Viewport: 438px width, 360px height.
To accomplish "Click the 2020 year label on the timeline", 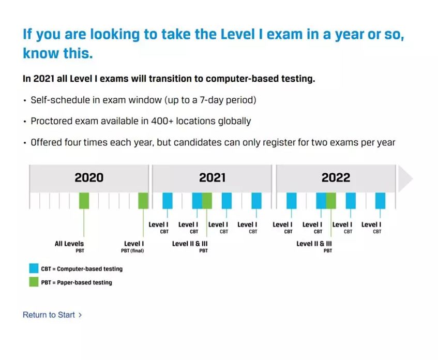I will pos(89,178).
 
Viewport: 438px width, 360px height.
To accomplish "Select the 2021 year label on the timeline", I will pos(212,178).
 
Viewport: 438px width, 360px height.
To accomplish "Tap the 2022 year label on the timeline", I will pos(336,178).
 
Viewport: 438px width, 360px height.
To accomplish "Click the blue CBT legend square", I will pos(34,268).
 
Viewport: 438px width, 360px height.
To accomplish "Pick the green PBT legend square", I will pos(34,282).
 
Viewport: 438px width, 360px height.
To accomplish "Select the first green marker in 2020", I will pos(84,201).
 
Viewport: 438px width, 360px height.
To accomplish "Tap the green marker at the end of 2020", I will pos(143,201).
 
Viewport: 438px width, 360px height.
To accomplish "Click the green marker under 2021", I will pos(207,201).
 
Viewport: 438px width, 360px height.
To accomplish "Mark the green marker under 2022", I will pos(331,201).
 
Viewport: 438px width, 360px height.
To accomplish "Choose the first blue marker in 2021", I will pos(168,201).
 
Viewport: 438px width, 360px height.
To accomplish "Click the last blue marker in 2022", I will pos(381,201).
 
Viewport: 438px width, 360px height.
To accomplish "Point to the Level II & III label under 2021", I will pos(190,244).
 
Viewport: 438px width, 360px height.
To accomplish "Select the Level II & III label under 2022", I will pos(314,244).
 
